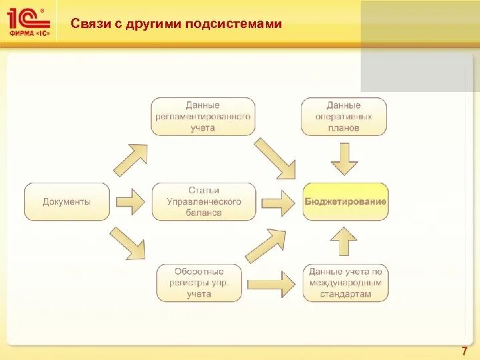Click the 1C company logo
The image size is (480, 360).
[x=29, y=22]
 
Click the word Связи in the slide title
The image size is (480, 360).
[x=89, y=24]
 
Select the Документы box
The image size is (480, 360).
[x=67, y=201]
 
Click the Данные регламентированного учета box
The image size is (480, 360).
[x=203, y=116]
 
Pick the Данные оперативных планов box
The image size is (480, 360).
[x=343, y=116]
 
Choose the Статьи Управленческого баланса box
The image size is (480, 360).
[x=203, y=201]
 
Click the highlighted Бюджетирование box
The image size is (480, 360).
[x=345, y=201]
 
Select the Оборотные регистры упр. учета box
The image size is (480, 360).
[x=199, y=283]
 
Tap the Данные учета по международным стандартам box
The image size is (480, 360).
[x=345, y=283]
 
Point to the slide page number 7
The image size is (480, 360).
[x=464, y=351]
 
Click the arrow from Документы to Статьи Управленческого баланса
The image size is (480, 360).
[x=130, y=201]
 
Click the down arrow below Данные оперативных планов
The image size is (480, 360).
[x=344, y=159]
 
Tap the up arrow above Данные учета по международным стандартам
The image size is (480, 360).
[x=344, y=241]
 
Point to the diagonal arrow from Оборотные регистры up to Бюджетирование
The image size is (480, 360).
[x=267, y=245]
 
